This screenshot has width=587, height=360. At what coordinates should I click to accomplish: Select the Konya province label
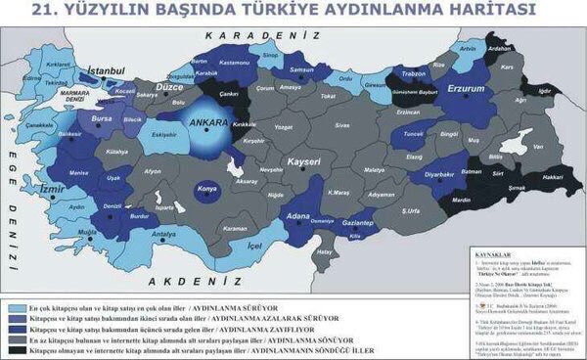tap(206, 188)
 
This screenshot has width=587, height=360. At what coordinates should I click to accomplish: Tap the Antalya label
tap(164, 235)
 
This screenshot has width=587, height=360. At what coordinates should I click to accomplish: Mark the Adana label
tap(287, 213)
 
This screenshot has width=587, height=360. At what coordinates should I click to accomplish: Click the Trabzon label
tap(412, 73)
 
